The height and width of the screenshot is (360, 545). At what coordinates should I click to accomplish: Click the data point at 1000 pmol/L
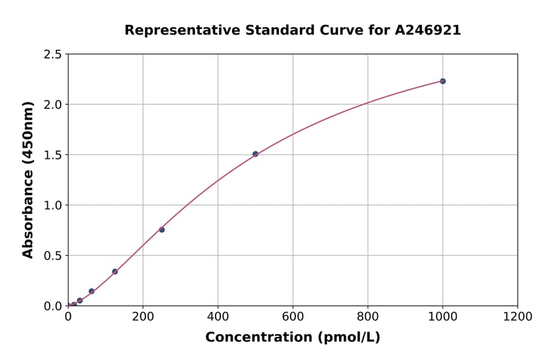(443, 81)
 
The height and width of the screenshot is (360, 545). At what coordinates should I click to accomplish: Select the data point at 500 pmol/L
(255, 154)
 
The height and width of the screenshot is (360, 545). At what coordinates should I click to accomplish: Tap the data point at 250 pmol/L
(162, 230)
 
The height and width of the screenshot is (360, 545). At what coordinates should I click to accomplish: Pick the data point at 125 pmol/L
(115, 272)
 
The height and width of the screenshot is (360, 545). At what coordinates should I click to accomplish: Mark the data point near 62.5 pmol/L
(91, 291)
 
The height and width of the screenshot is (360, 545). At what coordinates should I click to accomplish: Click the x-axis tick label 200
(143, 316)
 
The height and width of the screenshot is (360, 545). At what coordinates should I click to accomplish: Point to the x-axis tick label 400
(218, 316)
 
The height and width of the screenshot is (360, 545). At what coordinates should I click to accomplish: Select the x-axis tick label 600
(292, 316)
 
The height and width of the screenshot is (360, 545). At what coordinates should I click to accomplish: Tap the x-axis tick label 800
(368, 316)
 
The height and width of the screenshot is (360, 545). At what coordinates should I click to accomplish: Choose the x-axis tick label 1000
(443, 316)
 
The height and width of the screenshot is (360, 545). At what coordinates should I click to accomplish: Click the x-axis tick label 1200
(518, 316)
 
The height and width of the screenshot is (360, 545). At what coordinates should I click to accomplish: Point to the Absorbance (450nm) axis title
(28, 179)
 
